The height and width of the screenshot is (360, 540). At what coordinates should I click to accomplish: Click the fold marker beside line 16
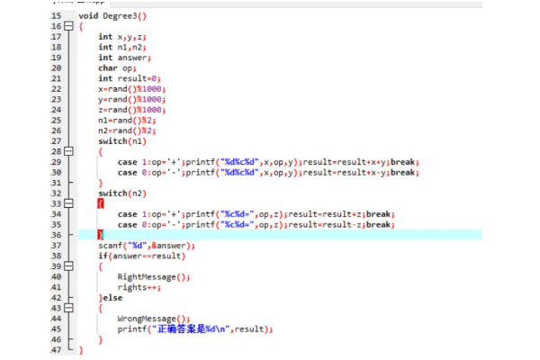[x=67, y=27]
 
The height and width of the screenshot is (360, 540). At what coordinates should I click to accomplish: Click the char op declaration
[x=119, y=67]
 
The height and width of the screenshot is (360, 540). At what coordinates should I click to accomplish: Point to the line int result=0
[x=131, y=78]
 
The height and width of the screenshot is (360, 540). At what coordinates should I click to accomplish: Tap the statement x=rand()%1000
[x=132, y=89]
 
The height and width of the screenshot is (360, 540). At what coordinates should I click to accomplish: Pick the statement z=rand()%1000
[x=132, y=110]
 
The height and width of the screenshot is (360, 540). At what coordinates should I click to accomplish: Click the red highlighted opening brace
[x=101, y=203]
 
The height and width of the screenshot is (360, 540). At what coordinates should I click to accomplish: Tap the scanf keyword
[x=111, y=245]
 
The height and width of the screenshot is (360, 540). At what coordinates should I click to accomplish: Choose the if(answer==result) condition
[x=134, y=256]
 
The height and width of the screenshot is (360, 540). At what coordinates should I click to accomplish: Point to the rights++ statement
[x=138, y=287]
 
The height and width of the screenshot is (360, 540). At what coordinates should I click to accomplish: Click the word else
[x=112, y=297]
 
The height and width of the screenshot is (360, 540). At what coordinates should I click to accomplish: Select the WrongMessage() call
[x=154, y=318]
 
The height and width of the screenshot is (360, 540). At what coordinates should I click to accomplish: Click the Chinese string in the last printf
[x=194, y=328]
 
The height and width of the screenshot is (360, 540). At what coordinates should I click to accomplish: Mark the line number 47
[x=56, y=349]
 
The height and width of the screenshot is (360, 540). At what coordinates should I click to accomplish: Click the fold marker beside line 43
[x=67, y=308]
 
